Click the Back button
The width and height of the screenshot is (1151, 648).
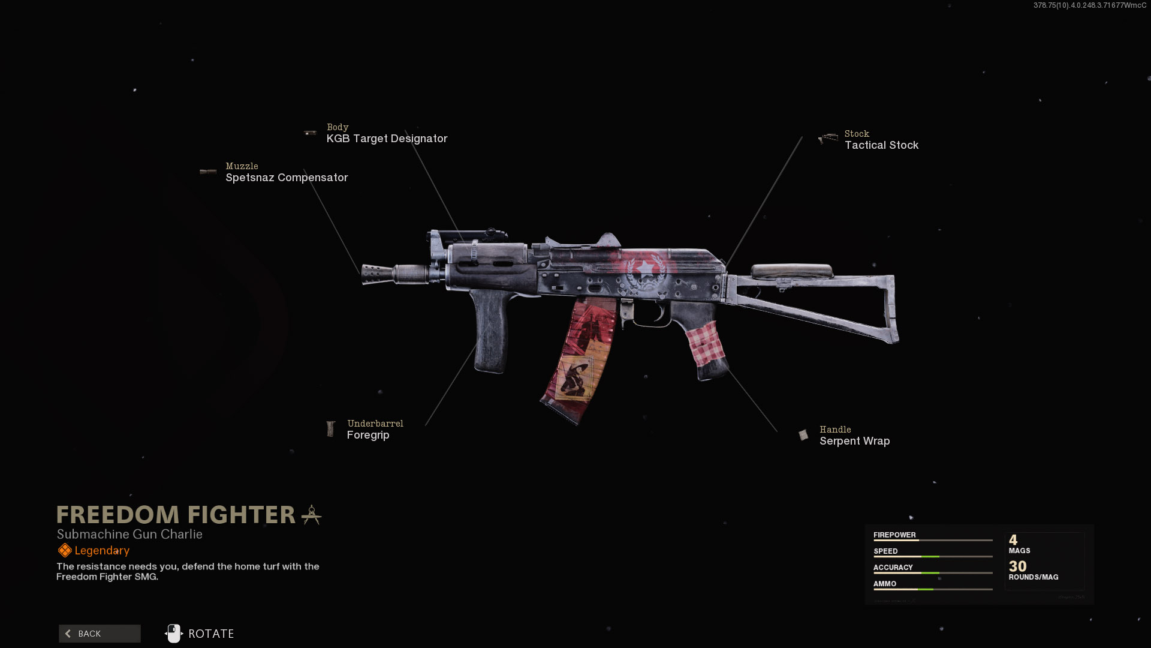coord(100,634)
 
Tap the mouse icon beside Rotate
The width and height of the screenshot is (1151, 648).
coord(173,634)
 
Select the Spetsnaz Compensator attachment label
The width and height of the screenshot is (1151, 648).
coord(286,178)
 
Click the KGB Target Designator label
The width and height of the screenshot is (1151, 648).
coord(387,139)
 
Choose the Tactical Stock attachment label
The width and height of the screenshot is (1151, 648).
coord(881,145)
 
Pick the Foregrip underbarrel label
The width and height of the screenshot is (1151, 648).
coord(368,435)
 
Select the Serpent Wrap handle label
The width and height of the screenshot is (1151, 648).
coord(854,441)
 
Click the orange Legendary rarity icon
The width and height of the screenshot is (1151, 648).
coord(65,550)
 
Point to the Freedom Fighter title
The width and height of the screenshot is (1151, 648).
coord(176,515)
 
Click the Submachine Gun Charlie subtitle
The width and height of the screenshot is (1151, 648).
coord(129,534)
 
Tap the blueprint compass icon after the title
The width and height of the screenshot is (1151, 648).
coord(311,515)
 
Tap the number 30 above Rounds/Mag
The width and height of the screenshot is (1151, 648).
coord(1017,566)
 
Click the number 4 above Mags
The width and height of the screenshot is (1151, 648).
coord(1013,540)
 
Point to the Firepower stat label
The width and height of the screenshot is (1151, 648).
coord(894,535)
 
